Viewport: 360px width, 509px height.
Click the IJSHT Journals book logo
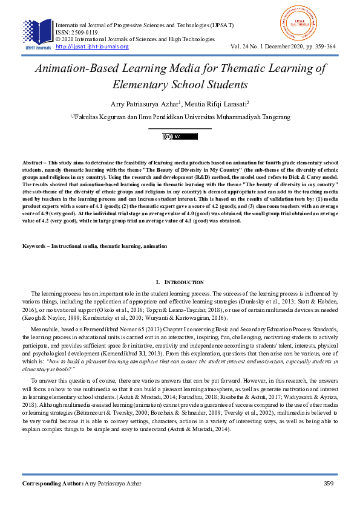[38, 33]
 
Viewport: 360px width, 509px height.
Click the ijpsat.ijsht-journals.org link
[92, 47]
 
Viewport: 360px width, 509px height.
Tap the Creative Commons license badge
[180, 137]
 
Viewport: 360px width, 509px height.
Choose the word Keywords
[34, 247]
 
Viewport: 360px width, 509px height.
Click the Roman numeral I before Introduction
[157, 282]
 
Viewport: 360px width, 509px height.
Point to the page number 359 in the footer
[329, 484]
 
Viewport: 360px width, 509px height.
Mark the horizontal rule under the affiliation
[180, 128]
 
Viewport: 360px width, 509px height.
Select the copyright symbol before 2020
[57, 39]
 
